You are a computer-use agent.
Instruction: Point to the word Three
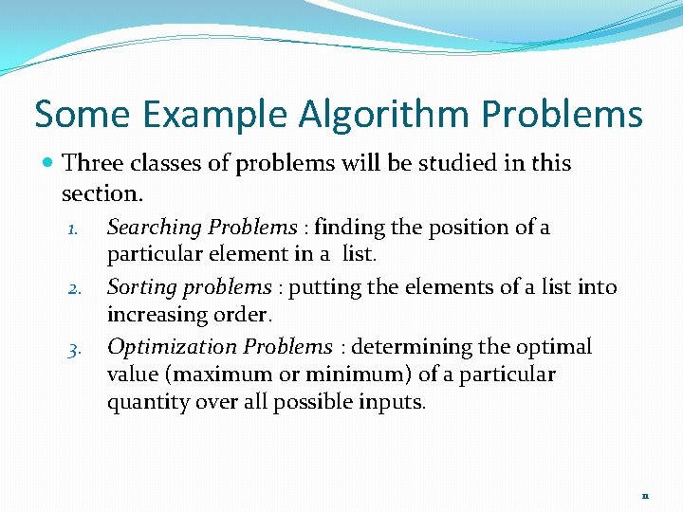pyautogui.click(x=92, y=163)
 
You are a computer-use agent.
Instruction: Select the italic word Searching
pyautogui.click(x=155, y=228)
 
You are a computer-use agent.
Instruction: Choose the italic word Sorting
pyautogui.click(x=139, y=287)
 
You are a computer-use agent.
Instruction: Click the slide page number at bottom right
pyautogui.click(x=645, y=495)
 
